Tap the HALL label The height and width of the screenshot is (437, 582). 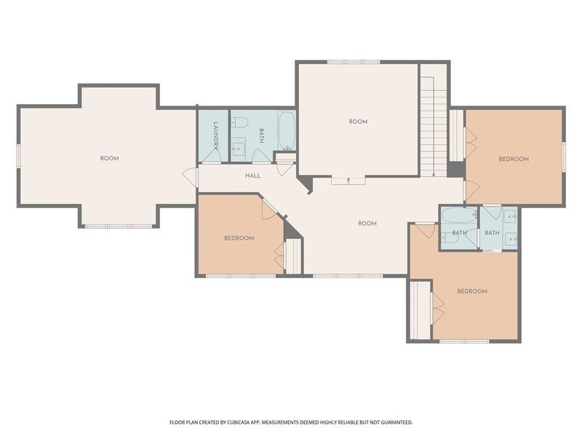[252, 176]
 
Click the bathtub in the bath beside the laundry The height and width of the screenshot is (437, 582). [286, 130]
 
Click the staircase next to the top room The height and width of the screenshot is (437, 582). [434, 120]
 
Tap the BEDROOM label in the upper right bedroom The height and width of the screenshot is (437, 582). [513, 159]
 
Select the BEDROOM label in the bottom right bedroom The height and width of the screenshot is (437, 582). [471, 291]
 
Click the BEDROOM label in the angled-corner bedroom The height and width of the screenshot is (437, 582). [239, 238]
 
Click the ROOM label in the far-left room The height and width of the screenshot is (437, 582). [109, 158]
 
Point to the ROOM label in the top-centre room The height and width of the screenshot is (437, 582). [358, 122]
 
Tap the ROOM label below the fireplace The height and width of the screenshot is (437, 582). [367, 224]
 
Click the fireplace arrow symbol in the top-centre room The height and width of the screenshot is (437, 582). [348, 178]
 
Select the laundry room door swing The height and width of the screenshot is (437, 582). [212, 155]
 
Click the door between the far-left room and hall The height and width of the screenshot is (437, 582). [191, 177]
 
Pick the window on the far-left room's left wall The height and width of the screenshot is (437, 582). [19, 156]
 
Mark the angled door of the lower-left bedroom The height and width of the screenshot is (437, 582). [269, 208]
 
